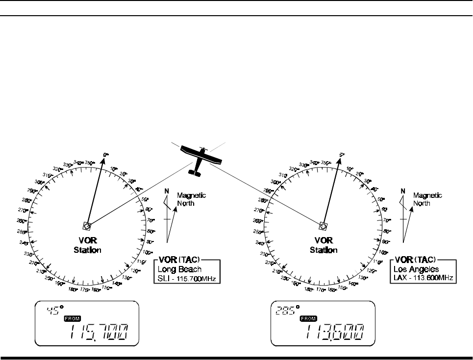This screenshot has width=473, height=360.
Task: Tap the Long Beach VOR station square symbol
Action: (x=87, y=226)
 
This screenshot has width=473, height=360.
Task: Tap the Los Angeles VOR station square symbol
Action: (x=323, y=226)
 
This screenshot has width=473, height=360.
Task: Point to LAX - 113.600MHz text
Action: (x=423, y=278)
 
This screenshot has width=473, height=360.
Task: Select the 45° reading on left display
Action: (x=53, y=310)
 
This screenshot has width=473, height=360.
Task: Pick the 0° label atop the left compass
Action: (x=105, y=155)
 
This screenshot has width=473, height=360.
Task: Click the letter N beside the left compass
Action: (x=167, y=192)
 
